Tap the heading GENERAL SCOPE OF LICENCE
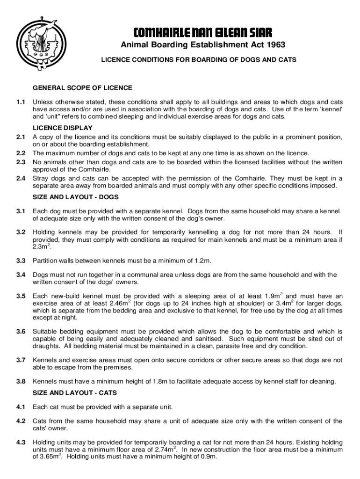coord(82,87)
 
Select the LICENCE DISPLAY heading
coord(62,128)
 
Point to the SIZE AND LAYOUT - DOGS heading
coord(75,197)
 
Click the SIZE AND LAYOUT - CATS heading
coord(75,392)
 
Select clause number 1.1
coord(20,102)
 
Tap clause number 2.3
coord(20,162)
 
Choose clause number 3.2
coord(20,232)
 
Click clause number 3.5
coord(20,296)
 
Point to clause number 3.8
coord(20,381)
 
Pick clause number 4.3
coord(20,442)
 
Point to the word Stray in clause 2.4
coord(41,178)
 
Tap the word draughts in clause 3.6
coord(46,346)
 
